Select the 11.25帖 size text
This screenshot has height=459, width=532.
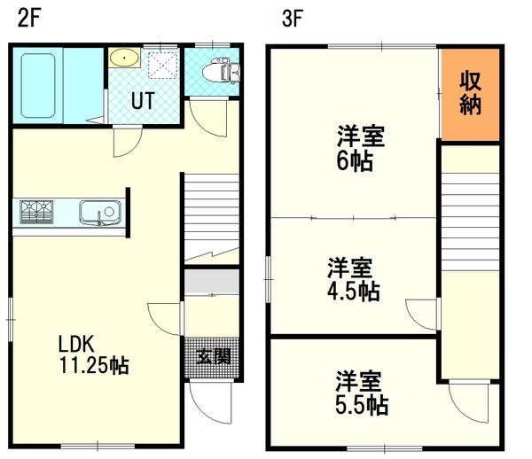coord(94,364)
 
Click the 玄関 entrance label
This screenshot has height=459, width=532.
coord(213,357)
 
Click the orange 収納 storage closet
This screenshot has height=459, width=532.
coord(470,93)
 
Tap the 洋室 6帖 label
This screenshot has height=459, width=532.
coord(359,149)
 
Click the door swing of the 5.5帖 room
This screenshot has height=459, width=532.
coord(465,400)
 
